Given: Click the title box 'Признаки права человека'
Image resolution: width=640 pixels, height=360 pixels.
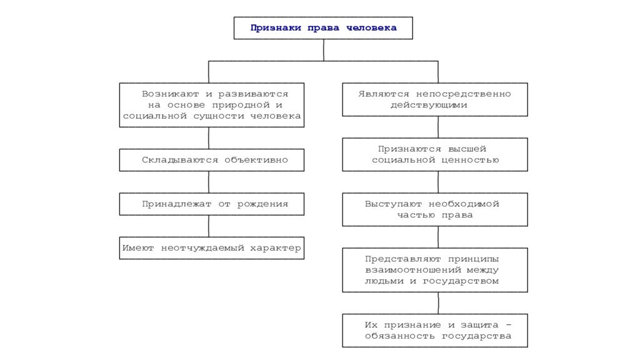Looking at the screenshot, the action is (323, 27).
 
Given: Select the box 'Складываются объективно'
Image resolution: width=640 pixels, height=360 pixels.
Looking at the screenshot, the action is (211, 160).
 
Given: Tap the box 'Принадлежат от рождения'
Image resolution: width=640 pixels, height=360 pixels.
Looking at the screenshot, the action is (211, 204).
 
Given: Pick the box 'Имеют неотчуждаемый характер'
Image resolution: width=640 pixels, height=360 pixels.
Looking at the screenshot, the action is (211, 247).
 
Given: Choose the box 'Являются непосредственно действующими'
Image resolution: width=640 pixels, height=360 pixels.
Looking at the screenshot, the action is (435, 99).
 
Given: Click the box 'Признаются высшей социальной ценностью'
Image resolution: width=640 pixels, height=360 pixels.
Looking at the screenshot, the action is (435, 154).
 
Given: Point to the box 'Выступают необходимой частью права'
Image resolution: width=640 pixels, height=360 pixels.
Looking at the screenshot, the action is (435, 209).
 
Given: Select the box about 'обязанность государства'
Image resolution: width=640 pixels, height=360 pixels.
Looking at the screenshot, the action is (435, 331).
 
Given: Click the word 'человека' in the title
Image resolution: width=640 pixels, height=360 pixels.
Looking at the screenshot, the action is (371, 27).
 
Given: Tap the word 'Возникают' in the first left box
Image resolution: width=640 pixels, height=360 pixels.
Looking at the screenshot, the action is (170, 94).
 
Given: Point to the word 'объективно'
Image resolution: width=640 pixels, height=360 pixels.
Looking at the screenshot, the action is (256, 160).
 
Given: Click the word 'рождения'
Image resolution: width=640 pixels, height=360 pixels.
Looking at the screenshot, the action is (262, 204).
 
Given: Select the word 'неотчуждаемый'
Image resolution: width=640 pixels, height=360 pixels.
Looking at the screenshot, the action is (202, 248).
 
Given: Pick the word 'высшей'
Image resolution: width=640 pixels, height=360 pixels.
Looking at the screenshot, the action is (467, 149).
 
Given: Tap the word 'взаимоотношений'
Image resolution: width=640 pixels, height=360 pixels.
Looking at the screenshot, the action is (412, 270).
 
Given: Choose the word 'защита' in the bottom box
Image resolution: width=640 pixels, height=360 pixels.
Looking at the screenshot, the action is (479, 325).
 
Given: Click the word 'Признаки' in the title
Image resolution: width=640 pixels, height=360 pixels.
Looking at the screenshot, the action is (276, 27).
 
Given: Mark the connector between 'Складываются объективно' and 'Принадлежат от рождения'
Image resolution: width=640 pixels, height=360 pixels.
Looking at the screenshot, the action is (209, 182).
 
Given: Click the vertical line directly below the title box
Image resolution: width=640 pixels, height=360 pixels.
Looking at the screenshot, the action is (324, 50).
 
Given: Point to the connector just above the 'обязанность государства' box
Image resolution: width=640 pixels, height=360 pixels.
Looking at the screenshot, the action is (438, 303).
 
